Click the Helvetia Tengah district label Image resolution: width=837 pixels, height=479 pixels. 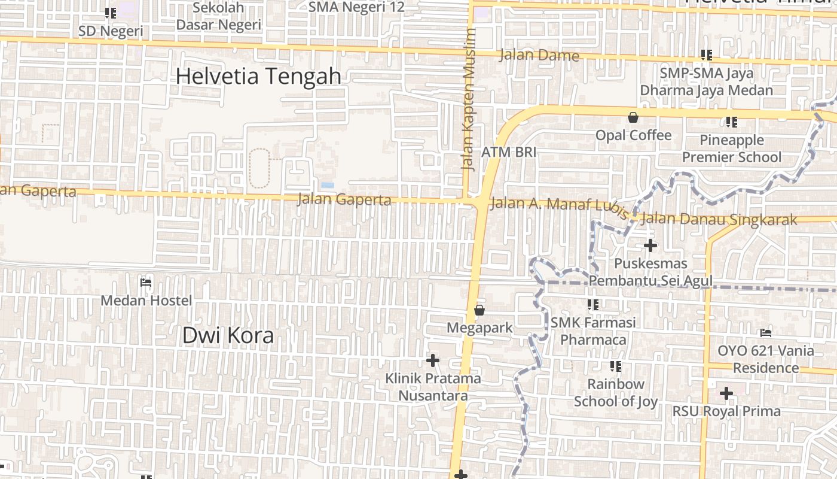pos(258,77)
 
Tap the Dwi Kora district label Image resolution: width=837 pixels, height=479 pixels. pos(228,335)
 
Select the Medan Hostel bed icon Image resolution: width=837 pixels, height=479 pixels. pos(145,283)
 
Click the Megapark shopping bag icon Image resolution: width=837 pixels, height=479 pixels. pos(479,310)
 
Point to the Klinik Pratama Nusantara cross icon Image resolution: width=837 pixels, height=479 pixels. pos(433,360)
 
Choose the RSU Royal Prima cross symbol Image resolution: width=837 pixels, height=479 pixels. pos(726,393)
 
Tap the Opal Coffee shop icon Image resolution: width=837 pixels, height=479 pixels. pos(633,117)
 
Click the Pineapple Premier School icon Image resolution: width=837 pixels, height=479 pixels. pos(731,122)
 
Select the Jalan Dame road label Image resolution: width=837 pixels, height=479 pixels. pos(539,56)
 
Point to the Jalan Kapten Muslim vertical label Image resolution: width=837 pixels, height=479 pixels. pos(469,99)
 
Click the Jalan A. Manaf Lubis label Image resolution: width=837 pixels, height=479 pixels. pos(559,205)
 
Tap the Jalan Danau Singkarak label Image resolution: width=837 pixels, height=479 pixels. pos(719,220)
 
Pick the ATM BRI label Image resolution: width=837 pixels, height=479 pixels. pos(509,152)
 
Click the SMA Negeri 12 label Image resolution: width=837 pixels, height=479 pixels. pos(356,7)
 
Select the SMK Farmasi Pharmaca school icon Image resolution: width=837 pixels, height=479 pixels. pos(592,305)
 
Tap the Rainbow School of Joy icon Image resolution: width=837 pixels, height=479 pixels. pos(616,366)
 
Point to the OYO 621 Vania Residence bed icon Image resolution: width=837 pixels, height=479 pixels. pos(766,333)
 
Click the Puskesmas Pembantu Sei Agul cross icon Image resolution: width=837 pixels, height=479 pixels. pos(650,245)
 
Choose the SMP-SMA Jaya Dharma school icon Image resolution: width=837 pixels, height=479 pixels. pos(706,55)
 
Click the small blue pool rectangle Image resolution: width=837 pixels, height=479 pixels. pos(328,185)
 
